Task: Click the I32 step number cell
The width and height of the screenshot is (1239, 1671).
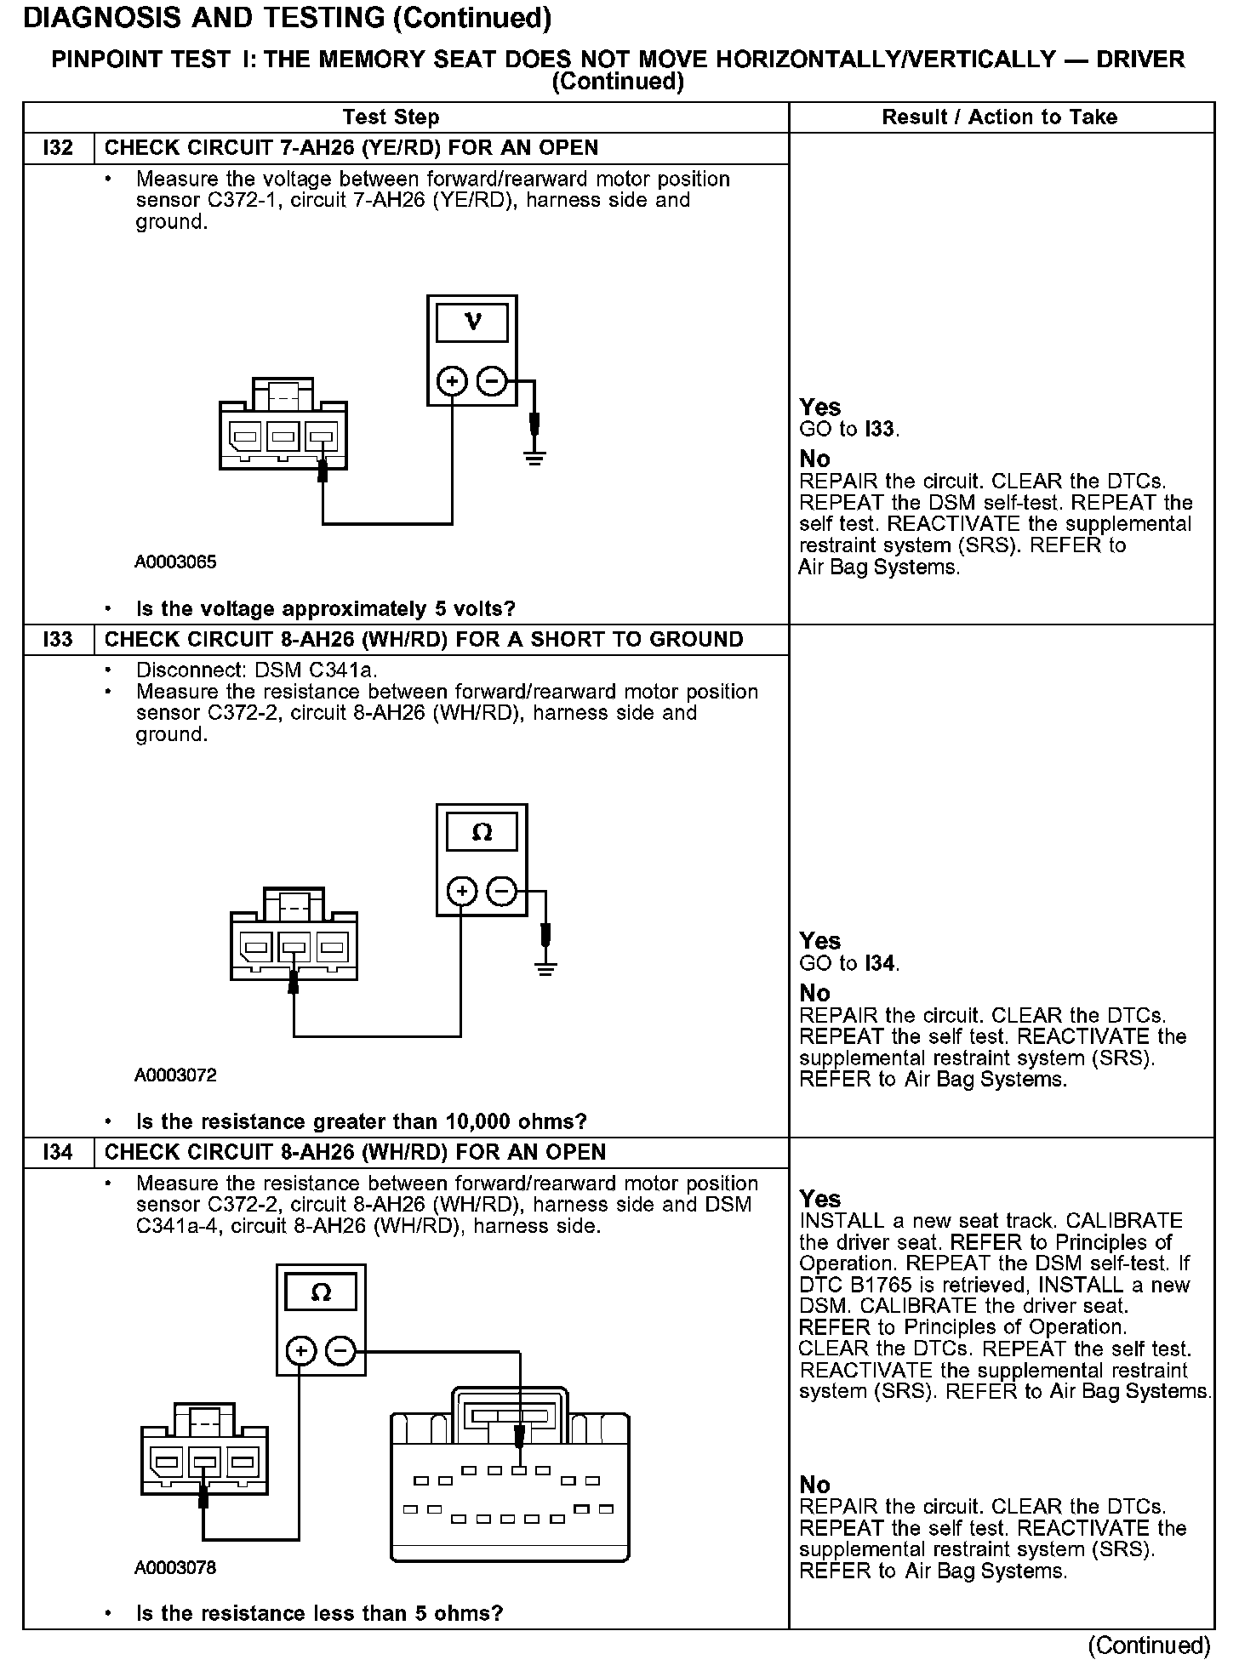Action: [58, 148]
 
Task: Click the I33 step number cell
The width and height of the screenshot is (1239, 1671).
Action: [58, 639]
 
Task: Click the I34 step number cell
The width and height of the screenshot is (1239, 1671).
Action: [58, 1152]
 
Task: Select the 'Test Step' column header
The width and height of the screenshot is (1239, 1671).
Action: [391, 117]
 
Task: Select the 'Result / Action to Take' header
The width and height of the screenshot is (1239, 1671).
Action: [1000, 117]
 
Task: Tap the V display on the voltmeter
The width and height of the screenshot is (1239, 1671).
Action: [472, 322]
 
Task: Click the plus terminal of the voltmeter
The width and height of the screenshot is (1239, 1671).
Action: [452, 381]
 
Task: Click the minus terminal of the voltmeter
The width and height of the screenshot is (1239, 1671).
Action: [491, 381]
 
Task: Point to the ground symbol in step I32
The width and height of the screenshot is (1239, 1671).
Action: [534, 459]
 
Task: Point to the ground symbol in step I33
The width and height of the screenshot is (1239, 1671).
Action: [545, 967]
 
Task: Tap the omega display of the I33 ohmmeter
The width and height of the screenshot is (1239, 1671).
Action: [482, 831]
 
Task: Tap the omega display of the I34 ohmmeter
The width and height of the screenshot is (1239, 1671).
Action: [321, 1293]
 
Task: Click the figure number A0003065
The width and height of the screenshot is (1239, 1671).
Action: [175, 562]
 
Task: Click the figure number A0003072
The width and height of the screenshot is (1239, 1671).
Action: [175, 1075]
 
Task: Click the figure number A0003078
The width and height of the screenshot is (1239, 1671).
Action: [175, 1567]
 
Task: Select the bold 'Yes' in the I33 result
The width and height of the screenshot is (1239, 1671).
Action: [820, 941]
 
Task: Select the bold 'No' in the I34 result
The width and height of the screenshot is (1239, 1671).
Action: [814, 1485]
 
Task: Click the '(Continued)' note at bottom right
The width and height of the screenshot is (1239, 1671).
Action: [1149, 1645]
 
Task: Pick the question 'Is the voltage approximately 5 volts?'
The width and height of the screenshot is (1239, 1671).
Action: [326, 609]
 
